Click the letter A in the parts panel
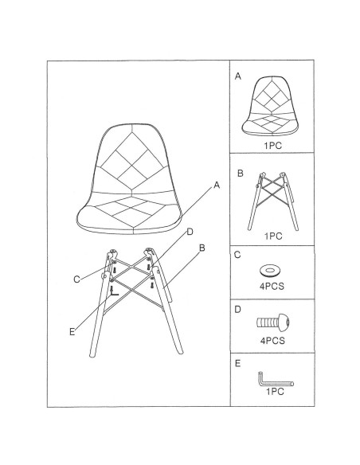238,76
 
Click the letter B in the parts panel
241,174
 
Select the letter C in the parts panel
237,255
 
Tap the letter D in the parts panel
238,310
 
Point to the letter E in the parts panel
237,364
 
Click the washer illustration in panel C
269,270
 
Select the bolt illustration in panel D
273,322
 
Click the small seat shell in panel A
271,106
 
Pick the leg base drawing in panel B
273,201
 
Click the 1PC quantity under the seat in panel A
273,146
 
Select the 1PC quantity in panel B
273,236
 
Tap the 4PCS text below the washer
272,286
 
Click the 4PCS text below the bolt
272,341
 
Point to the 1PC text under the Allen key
275,392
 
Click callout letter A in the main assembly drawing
217,186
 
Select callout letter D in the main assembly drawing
190,232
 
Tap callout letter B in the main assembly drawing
202,248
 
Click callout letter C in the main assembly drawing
76,279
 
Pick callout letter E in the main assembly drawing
72,332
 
